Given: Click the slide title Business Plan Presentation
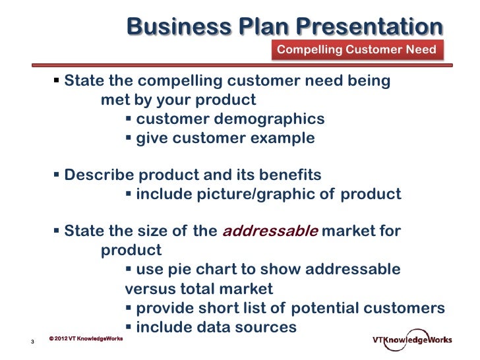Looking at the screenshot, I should tap(284, 27).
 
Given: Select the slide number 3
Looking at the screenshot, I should tap(32, 342).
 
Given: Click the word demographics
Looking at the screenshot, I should tap(276, 119).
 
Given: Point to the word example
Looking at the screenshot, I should tap(281, 138).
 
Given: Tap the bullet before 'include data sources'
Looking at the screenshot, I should tap(129, 326).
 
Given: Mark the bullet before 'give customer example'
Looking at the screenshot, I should tap(129, 138).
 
